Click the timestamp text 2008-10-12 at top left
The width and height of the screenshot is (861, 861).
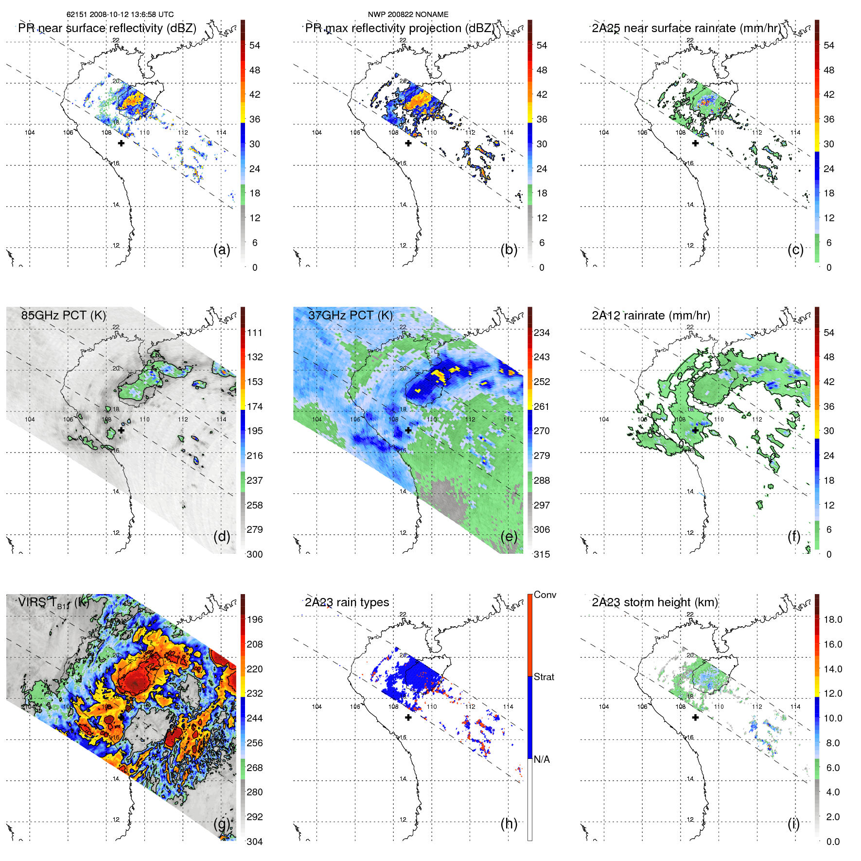pos(108,15)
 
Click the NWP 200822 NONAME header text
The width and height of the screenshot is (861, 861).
pos(408,15)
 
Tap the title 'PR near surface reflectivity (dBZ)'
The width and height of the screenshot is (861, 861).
pos(107,28)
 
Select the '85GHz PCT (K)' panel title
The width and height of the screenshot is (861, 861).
pos(64,315)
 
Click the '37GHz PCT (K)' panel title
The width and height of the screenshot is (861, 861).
pos(351,315)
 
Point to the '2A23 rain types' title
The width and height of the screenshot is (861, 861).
pos(347,602)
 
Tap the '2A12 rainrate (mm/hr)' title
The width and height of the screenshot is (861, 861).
pos(651,315)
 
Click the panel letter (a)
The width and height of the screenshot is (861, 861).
pos(222,249)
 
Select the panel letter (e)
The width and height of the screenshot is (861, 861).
pos(509,536)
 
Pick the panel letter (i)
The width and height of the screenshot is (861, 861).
pos(793,824)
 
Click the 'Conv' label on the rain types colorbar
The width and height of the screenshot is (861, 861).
pos(545,595)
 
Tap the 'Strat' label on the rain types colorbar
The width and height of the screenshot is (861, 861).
pos(544,677)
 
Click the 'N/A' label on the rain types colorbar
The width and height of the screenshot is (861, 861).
pos(542,759)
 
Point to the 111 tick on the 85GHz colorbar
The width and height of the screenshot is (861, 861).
pos(255,333)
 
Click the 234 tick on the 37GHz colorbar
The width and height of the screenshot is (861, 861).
pos(542,333)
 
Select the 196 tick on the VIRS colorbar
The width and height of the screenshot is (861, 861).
pos(255,619)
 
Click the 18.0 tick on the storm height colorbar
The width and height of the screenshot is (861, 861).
pos(833,619)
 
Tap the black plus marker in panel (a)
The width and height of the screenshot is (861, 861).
pos(121,143)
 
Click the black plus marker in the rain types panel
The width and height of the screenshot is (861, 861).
pos(408,718)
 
